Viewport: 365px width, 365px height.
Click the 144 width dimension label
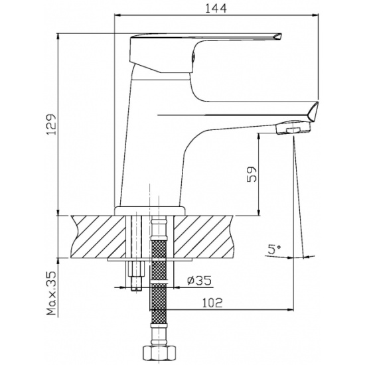[x=216, y=9]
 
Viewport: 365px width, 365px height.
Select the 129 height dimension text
[x=51, y=124]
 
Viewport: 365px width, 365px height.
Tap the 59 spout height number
[x=252, y=175]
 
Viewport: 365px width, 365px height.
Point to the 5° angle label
[x=274, y=250]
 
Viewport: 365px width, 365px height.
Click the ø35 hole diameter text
[x=199, y=281]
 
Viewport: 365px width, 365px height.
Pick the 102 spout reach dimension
[x=212, y=303]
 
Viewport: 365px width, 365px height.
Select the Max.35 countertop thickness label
[x=52, y=293]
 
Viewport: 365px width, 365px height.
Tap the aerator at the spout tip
[x=293, y=128]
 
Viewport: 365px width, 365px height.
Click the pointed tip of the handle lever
[x=281, y=35]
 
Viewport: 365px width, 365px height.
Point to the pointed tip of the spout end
[x=317, y=103]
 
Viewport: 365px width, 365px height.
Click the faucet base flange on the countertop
[x=150, y=211]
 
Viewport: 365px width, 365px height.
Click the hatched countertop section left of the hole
[x=98, y=236]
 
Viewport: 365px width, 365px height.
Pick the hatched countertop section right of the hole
[x=204, y=236]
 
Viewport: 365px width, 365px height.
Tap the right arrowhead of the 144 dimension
[x=315, y=15]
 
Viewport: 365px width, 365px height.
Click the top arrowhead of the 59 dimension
[x=258, y=136]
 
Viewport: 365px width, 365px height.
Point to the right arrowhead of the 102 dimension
[x=291, y=310]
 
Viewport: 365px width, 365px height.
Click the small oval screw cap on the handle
[x=193, y=57]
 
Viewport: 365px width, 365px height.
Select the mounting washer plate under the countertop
[x=150, y=259]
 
